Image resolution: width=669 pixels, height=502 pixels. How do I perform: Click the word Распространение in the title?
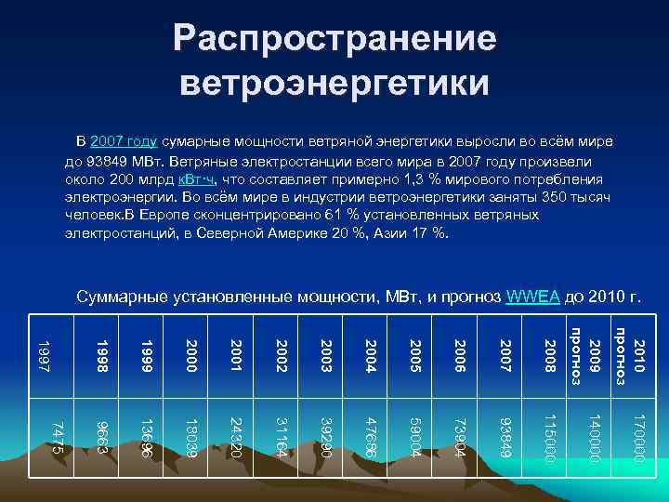[x=334, y=40]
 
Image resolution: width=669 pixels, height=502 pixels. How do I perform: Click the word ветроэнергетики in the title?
[x=334, y=81]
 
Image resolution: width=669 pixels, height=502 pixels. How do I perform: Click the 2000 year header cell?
[x=191, y=357]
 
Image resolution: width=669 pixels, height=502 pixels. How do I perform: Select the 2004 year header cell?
[x=371, y=357]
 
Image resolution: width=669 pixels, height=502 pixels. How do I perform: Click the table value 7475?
[x=57, y=437]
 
